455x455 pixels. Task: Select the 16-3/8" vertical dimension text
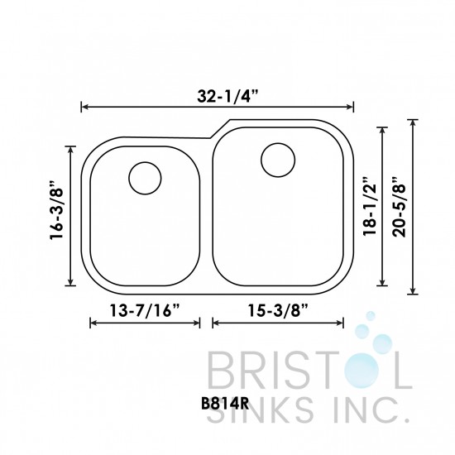[57, 213]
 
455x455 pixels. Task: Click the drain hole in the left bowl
[146, 178]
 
